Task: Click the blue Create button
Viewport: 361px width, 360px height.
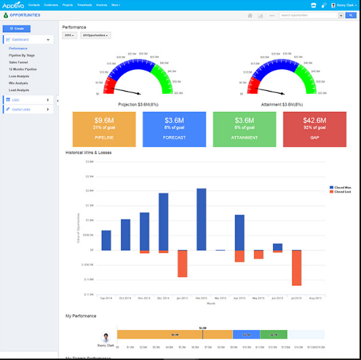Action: tap(17, 28)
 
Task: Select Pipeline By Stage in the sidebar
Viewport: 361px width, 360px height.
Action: tap(22, 55)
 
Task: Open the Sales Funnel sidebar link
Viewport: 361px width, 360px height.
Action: tap(19, 61)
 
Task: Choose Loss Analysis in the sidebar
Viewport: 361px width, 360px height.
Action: tap(20, 75)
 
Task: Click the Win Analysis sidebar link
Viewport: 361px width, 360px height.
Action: tap(20, 82)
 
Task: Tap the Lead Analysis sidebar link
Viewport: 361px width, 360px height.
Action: tap(20, 89)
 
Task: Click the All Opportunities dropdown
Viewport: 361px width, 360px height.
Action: tap(96, 35)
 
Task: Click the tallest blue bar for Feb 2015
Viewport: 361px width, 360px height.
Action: tap(201, 219)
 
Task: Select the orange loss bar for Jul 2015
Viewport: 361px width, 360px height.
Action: tap(296, 268)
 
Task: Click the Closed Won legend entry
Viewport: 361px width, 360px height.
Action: tap(341, 187)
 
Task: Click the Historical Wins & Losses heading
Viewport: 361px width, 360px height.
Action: tap(87, 152)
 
